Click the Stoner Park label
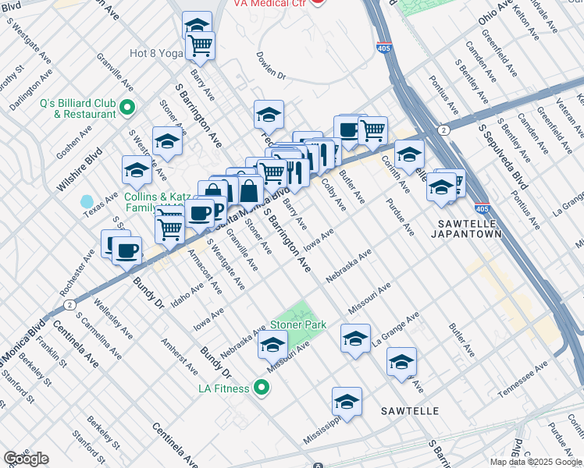point(297,324)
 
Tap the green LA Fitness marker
point(262,388)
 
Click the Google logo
point(26,459)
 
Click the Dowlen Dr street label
point(272,66)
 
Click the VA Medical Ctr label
point(269,3)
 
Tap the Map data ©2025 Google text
point(535,462)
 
